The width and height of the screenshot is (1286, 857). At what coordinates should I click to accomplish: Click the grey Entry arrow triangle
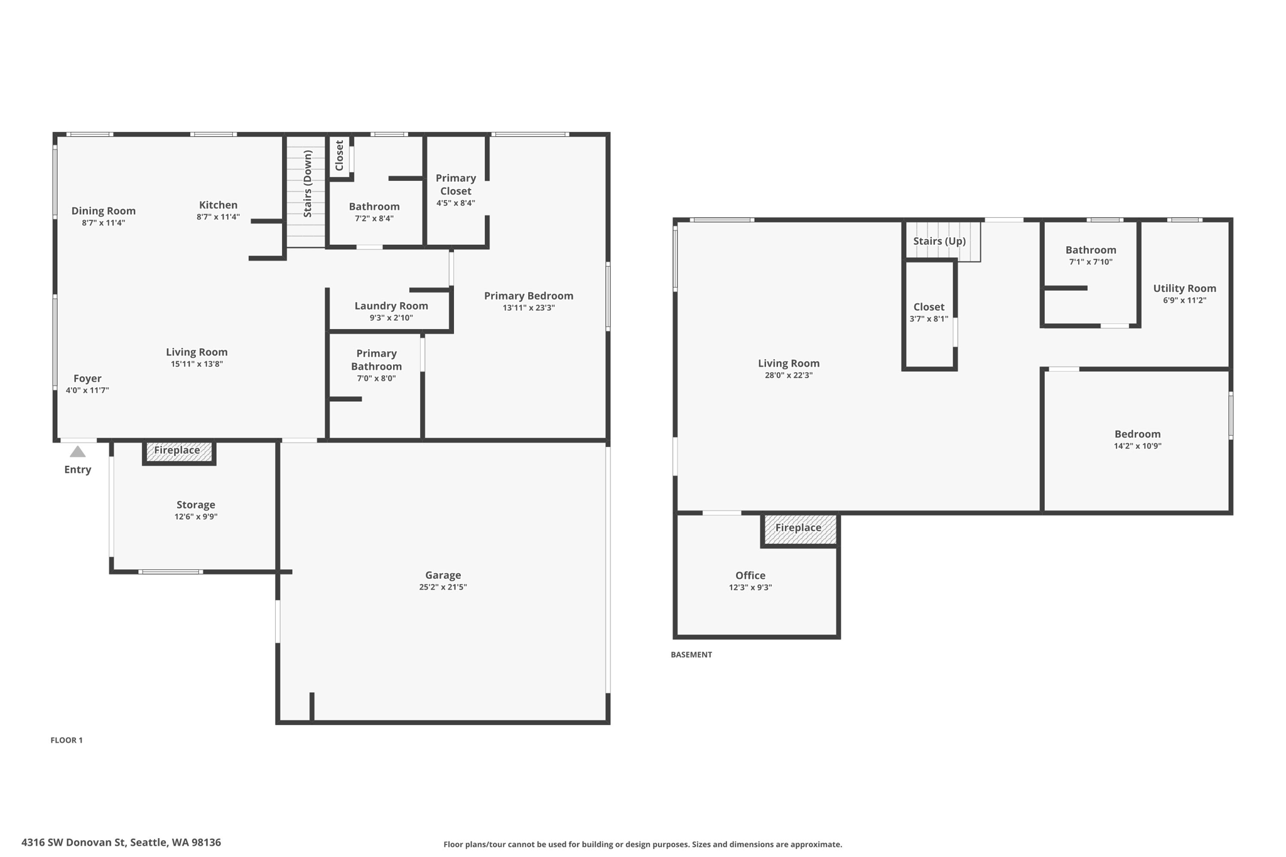coord(77,452)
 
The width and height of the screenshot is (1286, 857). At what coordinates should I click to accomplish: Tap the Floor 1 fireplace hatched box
coord(178,451)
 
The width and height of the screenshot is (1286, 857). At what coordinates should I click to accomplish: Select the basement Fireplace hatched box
coord(799,529)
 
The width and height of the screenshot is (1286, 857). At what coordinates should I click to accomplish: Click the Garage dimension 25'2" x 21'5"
coord(443,587)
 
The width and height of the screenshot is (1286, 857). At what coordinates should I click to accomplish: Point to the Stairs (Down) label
coord(307,183)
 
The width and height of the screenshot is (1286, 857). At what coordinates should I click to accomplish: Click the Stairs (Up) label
coord(939,241)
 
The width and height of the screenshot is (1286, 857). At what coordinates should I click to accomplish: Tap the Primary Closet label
coord(455,185)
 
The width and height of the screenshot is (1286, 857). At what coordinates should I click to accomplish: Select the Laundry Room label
coord(391,306)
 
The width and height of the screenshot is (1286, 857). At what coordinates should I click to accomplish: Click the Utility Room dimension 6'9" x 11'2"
coord(1184,301)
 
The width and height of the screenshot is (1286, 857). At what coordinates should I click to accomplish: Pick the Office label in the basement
coord(750,575)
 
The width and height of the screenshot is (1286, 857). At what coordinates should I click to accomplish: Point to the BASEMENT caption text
coord(691,654)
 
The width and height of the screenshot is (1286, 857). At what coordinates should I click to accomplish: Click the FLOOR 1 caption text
coord(67,740)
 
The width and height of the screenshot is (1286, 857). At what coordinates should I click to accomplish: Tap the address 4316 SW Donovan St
coord(121,843)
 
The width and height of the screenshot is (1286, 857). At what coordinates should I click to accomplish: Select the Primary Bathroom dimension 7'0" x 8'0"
coord(376,379)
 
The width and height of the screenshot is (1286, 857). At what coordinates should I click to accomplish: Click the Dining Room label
coord(103,211)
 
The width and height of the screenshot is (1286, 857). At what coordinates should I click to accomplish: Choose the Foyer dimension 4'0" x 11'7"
coord(87,391)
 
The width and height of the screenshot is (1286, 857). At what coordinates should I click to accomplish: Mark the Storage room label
coord(195,505)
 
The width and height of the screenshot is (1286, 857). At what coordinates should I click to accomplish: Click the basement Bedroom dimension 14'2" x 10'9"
coord(1137,446)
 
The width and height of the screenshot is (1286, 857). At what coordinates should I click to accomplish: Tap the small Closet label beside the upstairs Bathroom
coord(339,155)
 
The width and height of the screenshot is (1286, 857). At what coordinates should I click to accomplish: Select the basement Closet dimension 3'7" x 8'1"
coord(928,319)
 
